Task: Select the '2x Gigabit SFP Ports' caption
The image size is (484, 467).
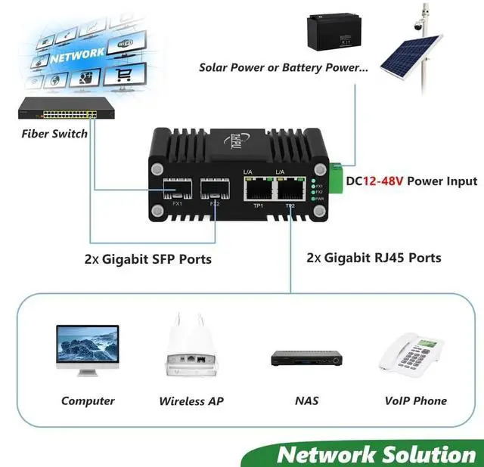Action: click(147, 259)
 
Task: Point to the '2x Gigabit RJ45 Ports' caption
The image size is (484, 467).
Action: click(374, 258)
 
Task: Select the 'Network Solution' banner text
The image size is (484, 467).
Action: click(375, 454)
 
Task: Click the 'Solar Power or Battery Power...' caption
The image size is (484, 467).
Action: click(284, 67)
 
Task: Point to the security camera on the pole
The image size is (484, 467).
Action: click(418, 25)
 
